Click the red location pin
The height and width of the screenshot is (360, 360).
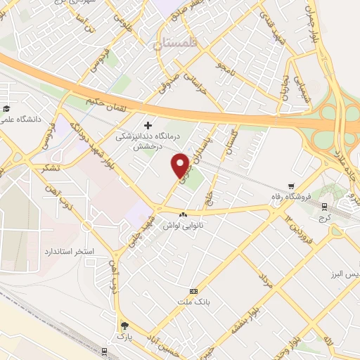(x=181, y=165)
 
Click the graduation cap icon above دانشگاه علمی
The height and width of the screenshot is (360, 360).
(x=6, y=108)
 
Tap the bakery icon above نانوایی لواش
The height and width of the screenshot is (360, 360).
(x=183, y=214)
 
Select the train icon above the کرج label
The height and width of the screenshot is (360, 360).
(x=324, y=207)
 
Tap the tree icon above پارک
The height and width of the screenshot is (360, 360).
(x=124, y=325)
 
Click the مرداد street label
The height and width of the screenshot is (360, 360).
(x=264, y=281)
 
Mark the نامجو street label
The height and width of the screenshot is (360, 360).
(x=227, y=69)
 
